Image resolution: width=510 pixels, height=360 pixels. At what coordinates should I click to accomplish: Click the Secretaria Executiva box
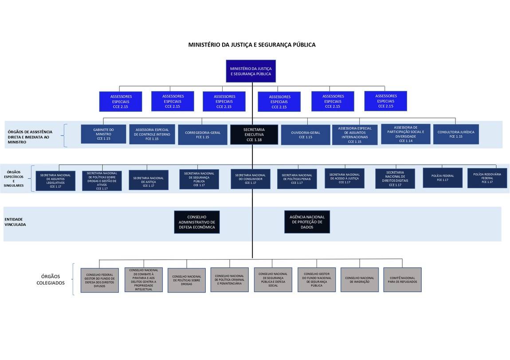(254, 135)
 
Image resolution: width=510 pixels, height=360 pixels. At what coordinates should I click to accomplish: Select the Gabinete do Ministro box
(103, 134)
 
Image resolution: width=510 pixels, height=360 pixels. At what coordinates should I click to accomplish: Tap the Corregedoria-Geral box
(202, 134)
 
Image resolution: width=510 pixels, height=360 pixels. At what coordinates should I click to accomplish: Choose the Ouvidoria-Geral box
(305, 134)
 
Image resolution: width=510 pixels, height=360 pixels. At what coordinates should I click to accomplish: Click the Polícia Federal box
(442, 178)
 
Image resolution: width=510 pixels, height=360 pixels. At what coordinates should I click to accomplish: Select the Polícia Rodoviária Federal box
(487, 178)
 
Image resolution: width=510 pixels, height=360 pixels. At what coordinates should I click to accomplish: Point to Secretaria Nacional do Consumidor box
(250, 179)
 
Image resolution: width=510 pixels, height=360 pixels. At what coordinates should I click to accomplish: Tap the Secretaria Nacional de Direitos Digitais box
(395, 178)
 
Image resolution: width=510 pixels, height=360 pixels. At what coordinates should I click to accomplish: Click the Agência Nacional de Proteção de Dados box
(307, 222)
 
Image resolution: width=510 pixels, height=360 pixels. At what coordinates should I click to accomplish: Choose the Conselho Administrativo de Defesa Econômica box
(196, 222)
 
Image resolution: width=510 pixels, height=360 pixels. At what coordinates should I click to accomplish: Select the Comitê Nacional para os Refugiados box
(402, 280)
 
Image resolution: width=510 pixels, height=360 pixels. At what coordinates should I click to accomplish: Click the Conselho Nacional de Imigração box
(359, 280)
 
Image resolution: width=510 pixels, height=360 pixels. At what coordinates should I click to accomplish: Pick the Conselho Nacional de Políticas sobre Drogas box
(186, 280)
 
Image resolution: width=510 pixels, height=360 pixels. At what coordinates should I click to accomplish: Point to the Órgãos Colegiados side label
(51, 279)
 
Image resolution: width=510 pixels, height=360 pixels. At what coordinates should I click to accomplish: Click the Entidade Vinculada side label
(15, 222)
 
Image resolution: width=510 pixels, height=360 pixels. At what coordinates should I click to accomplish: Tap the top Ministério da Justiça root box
(251, 71)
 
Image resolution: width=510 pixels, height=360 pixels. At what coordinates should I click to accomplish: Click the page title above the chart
(252, 45)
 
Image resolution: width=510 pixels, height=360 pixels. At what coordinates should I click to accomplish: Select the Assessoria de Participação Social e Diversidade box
(405, 134)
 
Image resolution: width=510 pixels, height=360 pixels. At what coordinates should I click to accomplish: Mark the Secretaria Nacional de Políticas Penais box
(297, 179)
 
